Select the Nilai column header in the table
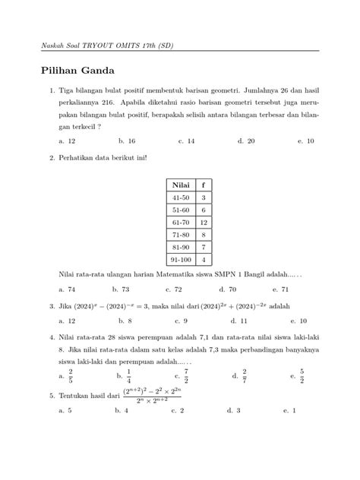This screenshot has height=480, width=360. tap(180, 184)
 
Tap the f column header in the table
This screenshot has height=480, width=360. tap(204, 184)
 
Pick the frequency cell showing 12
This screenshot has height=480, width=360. tap(204, 222)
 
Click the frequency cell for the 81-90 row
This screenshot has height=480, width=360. tap(204, 247)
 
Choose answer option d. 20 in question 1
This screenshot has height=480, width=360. tap(245, 141)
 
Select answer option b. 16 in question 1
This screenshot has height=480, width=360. tap(127, 141)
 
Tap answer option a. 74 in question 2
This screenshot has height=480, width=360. tap(67, 289)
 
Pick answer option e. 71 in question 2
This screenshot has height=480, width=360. tap(304, 289)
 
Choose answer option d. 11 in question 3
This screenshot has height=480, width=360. tap(245, 321)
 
